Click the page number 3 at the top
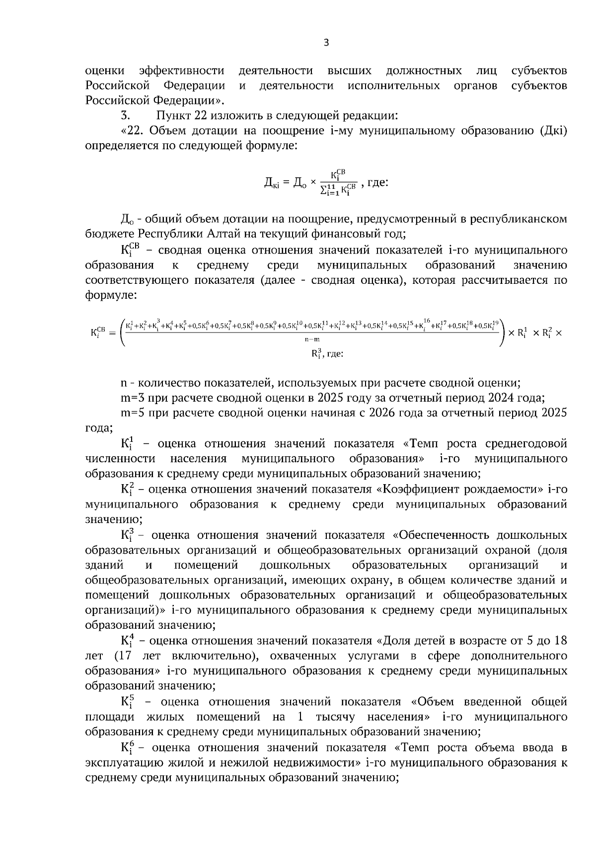[326, 43]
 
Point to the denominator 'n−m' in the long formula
[312, 339]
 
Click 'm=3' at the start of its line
[133, 398]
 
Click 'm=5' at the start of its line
[133, 413]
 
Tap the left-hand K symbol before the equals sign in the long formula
[97, 332]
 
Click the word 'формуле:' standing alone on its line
[111, 295]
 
